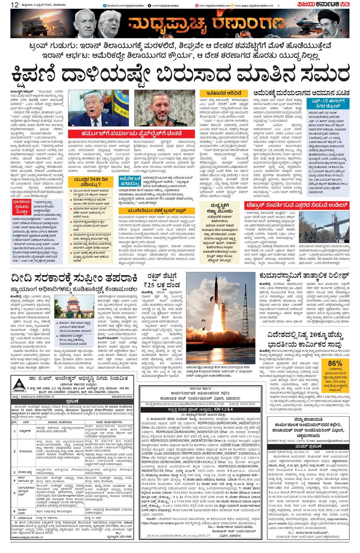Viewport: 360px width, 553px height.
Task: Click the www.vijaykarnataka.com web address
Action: (215, 5)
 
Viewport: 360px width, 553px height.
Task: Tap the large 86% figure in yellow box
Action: (335, 364)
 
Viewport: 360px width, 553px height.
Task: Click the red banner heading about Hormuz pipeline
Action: (132, 133)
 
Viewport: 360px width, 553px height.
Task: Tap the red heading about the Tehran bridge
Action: (297, 205)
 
